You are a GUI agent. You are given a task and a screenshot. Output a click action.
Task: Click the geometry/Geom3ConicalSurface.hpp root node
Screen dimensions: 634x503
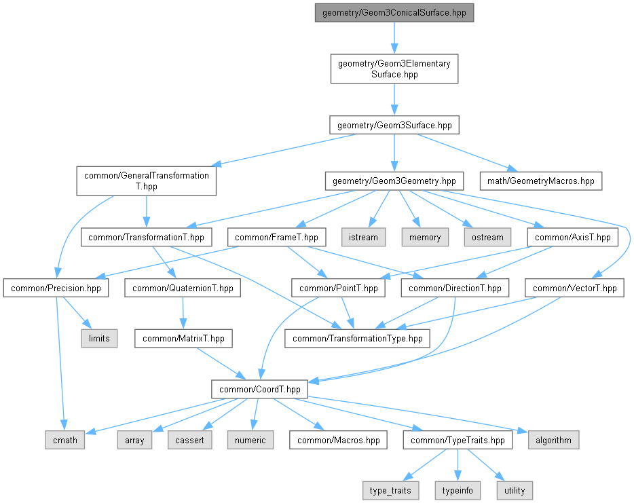pos(394,12)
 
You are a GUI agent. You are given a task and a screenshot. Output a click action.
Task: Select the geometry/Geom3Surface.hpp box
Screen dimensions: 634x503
pos(394,126)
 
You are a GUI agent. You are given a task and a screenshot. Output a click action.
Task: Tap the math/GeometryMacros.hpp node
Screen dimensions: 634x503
pos(540,181)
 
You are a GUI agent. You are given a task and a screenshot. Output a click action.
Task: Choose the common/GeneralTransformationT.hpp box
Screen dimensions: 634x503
pos(147,181)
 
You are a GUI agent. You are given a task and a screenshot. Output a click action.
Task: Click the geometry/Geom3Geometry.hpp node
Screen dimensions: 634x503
pos(394,181)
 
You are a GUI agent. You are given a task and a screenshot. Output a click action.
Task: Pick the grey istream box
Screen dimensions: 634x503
pos(364,237)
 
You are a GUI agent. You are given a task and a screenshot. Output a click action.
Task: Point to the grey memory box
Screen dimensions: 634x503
pos(425,237)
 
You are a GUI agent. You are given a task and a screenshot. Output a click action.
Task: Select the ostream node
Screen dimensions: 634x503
pos(487,237)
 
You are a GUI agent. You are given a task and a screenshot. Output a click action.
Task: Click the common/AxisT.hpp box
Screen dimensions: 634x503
pos(572,237)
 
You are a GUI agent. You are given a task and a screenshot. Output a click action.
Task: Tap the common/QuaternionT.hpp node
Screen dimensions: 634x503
pos(183,288)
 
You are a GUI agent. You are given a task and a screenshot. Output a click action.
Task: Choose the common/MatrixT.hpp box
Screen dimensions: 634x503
pos(183,339)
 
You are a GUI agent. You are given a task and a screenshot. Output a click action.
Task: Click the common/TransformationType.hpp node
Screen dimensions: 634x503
pos(358,339)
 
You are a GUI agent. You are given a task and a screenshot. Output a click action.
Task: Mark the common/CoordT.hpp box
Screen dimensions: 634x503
pos(259,389)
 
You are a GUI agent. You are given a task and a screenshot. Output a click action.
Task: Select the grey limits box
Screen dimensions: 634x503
pos(99,339)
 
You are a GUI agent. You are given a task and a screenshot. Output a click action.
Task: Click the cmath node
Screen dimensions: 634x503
pos(65,440)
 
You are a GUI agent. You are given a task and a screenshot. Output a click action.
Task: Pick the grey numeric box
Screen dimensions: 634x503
pos(250,440)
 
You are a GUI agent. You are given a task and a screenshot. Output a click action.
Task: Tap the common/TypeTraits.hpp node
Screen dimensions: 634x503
pos(458,440)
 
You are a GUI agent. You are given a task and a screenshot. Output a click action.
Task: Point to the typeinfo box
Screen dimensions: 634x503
pos(458,491)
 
